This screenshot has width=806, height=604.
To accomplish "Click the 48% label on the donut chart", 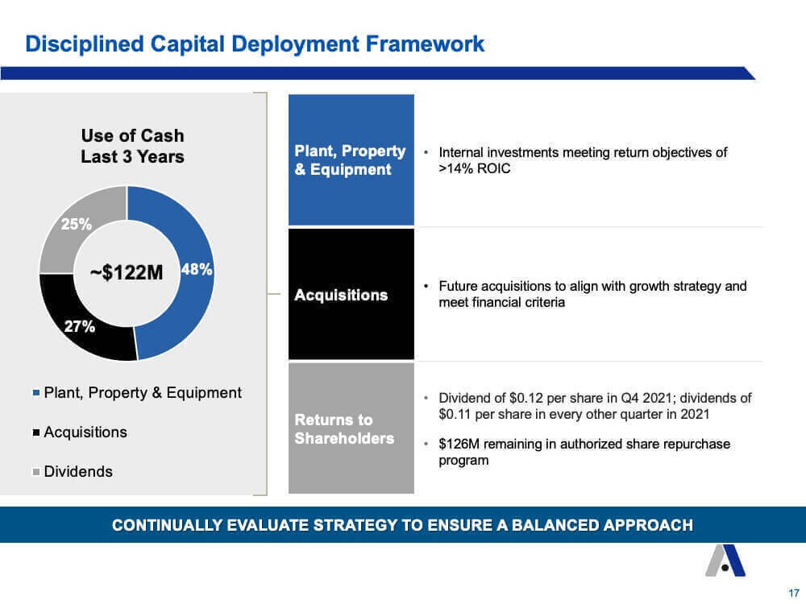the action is [x=197, y=269].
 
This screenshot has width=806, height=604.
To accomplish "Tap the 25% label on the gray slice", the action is [x=76, y=224].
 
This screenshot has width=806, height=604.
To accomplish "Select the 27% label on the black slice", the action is [x=80, y=326].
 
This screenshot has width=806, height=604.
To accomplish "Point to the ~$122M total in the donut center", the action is [x=127, y=272].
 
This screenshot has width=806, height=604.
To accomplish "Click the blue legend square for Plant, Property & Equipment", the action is [x=36, y=393].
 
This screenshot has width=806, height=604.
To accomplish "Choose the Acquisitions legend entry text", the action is [x=85, y=432].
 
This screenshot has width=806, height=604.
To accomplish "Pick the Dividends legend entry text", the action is [x=78, y=471].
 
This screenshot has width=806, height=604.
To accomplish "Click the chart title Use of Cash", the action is [x=133, y=135].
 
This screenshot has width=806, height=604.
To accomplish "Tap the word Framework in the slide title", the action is [x=425, y=43].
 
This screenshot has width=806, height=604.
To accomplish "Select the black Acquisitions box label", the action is [x=341, y=295].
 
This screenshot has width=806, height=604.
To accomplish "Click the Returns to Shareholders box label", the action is [x=344, y=429].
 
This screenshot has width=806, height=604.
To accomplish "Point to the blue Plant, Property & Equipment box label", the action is [x=350, y=159].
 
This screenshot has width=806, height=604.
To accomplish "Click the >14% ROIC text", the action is [x=475, y=168].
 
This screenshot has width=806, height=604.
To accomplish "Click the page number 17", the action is [x=794, y=593].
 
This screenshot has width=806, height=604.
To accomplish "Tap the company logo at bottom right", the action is [x=725, y=561].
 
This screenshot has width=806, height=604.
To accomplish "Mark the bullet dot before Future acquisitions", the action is [x=426, y=286].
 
